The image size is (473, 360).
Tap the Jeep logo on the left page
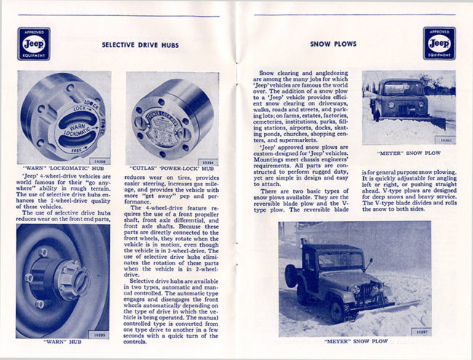33,44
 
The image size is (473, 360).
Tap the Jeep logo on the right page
439,44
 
